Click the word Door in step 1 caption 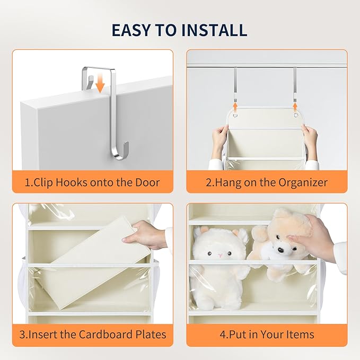click(147, 182)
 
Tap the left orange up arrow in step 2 click(235, 107)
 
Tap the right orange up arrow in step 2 click(295, 107)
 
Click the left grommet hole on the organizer click(235, 115)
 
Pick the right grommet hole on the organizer click(296, 115)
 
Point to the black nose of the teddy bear click(280, 249)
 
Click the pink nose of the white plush click(220, 256)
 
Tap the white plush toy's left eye click(209, 253)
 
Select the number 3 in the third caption click(22, 335)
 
